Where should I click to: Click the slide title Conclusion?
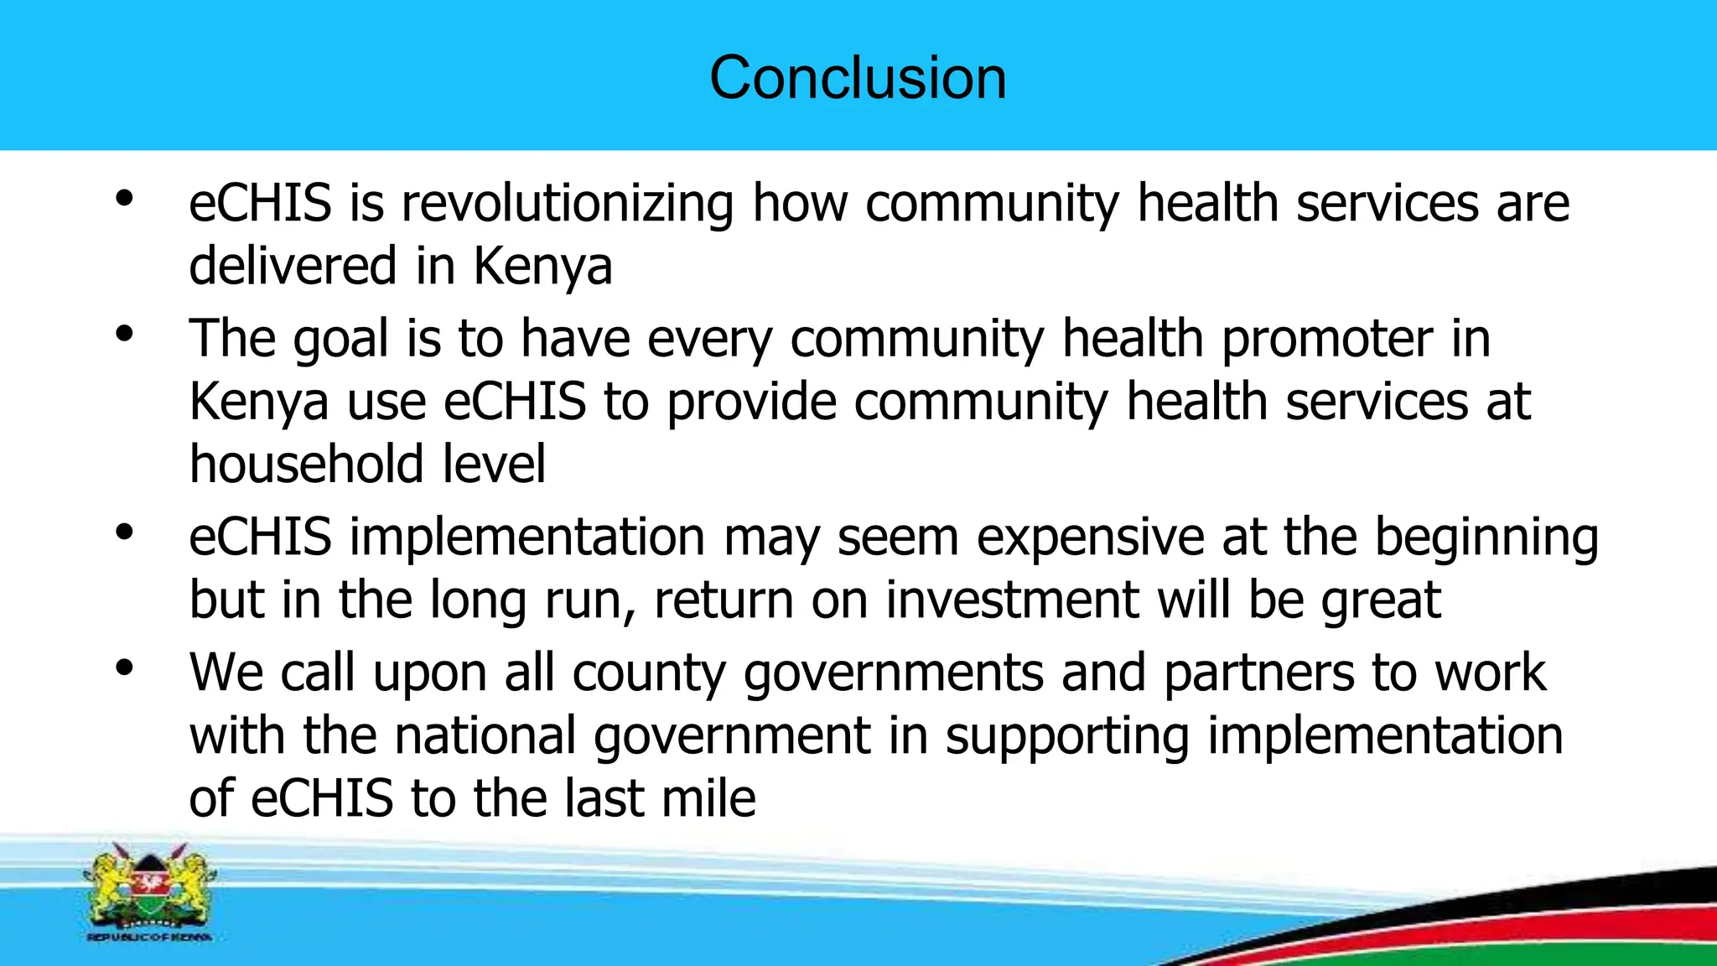coord(858,77)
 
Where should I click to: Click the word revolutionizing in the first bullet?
coord(568,204)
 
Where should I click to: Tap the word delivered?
coord(293,266)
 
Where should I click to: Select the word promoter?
coord(1326,340)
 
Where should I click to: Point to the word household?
coord(306,464)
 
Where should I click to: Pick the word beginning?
coord(1486,538)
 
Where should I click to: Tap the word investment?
coord(1012,600)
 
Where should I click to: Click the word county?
coord(648,673)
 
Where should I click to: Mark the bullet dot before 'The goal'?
coord(125,335)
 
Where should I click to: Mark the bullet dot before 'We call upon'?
coord(125,668)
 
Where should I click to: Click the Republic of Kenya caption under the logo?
coord(149,937)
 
